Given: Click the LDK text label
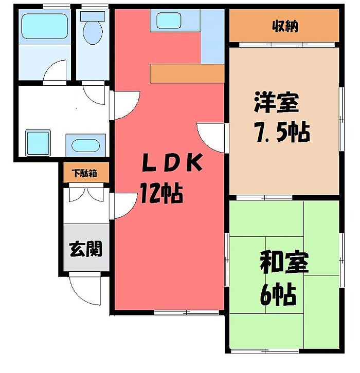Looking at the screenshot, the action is click(x=171, y=164).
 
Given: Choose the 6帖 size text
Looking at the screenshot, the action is click(x=278, y=295).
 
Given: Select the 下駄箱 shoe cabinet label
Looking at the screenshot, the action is click(x=86, y=173).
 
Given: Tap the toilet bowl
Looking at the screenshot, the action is click(x=93, y=31).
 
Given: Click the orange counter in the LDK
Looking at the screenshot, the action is click(x=187, y=73).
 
